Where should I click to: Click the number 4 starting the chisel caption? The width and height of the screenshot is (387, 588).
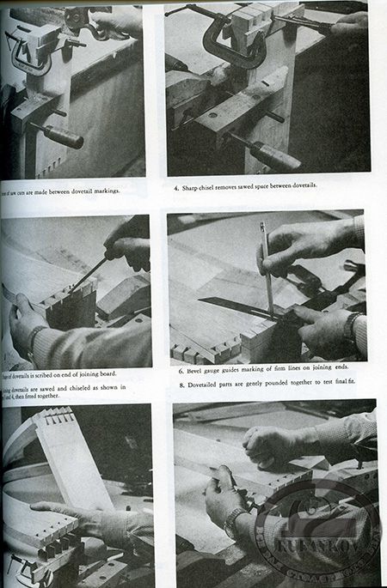(x=175, y=185)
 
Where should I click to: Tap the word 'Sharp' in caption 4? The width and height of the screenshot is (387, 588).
(x=191, y=185)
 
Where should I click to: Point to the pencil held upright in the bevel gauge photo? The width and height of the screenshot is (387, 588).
(x=267, y=266)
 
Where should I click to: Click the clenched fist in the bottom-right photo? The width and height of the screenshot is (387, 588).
(x=267, y=442)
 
